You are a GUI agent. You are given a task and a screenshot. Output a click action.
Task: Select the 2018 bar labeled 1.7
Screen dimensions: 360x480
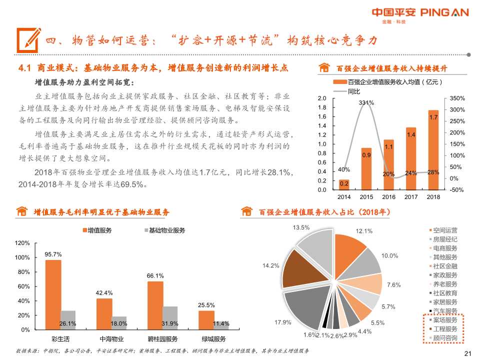click(x=433, y=150)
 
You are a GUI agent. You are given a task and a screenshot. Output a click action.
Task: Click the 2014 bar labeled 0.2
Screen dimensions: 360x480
click(x=344, y=184)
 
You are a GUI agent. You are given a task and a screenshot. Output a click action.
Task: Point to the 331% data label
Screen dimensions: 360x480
click(x=366, y=102)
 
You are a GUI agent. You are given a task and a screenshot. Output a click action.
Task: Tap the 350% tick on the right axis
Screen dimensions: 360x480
click(x=457, y=98)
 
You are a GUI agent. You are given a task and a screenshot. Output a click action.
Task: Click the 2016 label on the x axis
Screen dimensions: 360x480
click(x=389, y=197)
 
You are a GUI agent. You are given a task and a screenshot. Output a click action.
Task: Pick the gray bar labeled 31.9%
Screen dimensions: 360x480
click(x=170, y=318)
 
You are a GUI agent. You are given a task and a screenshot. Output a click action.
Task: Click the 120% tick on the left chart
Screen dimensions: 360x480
click(x=23, y=243)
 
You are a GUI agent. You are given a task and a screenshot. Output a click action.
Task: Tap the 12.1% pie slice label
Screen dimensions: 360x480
click(x=364, y=231)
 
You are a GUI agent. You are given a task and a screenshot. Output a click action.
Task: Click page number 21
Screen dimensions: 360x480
click(x=468, y=354)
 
